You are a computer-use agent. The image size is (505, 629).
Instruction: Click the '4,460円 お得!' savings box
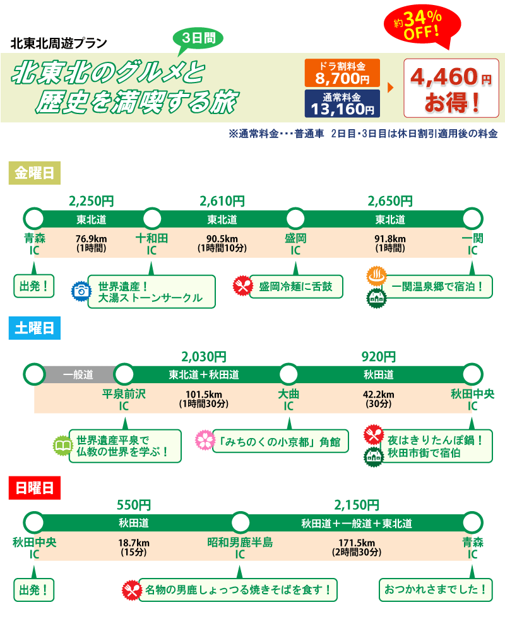451,88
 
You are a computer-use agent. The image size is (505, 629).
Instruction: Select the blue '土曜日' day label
34,328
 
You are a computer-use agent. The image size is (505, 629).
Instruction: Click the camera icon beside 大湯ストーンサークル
81,290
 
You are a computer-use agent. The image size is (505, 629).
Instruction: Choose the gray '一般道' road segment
78,374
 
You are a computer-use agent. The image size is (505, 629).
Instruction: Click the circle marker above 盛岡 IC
295,219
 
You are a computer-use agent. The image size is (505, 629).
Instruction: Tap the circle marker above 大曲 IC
288,374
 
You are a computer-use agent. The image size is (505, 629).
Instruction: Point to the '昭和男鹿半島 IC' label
240,548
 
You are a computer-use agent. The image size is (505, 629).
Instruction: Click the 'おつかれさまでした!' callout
436,590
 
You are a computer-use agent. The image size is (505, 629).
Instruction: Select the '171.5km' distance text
357,543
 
